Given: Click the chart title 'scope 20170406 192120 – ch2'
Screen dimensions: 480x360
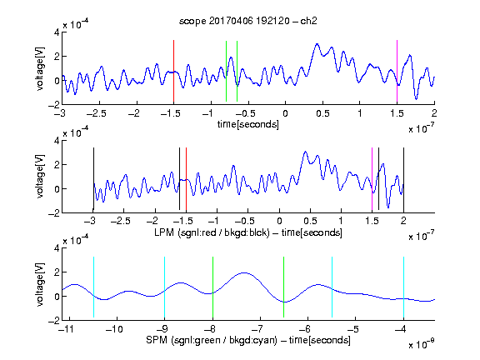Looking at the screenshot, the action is point(248,21).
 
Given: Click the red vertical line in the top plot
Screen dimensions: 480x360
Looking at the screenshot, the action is point(173,71).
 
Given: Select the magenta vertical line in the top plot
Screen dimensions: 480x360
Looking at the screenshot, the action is point(397,71).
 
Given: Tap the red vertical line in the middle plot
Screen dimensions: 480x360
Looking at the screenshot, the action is point(186,179).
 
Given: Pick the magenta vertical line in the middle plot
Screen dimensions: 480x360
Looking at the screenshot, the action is point(372,179).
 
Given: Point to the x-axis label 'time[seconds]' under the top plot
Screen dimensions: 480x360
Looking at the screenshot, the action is point(248,124).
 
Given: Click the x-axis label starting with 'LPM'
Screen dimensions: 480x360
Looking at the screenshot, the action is point(248,232).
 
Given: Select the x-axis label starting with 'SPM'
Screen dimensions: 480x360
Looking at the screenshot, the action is point(248,340).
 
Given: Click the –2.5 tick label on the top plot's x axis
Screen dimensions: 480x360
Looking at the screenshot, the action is point(97,113).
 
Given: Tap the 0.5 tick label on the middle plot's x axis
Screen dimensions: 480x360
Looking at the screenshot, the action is point(310,221).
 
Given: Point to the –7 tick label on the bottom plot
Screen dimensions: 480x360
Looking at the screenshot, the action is point(259,329).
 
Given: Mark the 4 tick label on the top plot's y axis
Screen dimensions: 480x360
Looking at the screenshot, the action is point(57,32).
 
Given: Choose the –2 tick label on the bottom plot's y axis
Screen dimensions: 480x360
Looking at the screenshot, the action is point(54,321).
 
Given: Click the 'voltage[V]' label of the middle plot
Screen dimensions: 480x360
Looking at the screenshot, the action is point(40,177).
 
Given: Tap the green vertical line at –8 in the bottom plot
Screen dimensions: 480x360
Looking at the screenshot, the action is point(212,287).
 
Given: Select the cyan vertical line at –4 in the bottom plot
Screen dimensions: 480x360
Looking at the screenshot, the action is point(403,287).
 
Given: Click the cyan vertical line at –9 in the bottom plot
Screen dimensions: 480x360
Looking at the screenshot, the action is point(165,287).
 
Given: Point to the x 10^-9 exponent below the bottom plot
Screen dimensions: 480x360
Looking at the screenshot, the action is point(421,344).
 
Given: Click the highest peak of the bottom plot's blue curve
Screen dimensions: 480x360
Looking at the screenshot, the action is point(244,272).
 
